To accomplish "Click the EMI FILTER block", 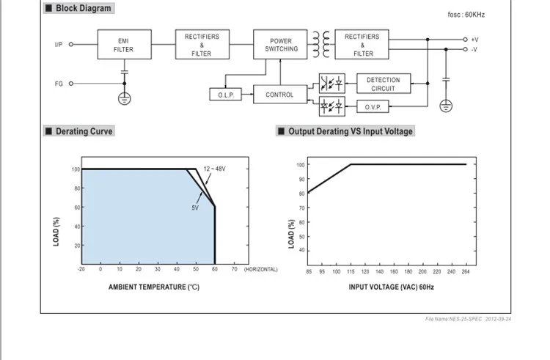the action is coord(125,45).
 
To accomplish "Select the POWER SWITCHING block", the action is coord(280,45).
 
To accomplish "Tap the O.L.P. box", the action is coord(226,95).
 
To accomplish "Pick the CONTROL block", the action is coord(280,95).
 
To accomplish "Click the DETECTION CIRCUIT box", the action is coord(384,84).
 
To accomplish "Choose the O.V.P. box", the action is coord(373,107).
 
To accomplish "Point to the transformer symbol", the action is coord(321,44).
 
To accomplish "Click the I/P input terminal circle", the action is coord(71,45).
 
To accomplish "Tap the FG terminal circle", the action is coord(71,84).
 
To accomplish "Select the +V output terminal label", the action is coord(474,40).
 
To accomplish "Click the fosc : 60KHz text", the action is coord(466,15).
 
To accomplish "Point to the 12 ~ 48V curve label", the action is coord(215,169).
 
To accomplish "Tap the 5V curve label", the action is coord(195,208).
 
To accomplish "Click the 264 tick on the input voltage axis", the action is coord(466,272).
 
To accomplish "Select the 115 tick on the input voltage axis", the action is coord(351,272).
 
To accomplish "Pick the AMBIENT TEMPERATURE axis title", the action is coord(154,287).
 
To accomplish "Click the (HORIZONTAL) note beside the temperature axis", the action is coord(261,269).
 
